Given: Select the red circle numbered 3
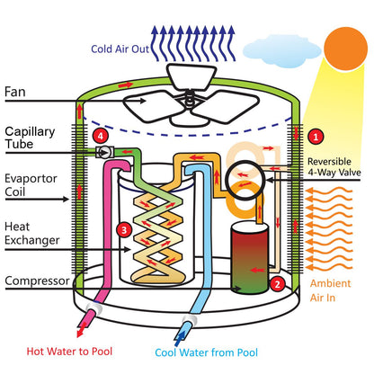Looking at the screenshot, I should pyautogui.click(x=123, y=230).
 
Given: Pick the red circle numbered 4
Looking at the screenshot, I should pyautogui.click(x=102, y=136).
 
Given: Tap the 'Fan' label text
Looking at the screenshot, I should pyautogui.click(x=15, y=92).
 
